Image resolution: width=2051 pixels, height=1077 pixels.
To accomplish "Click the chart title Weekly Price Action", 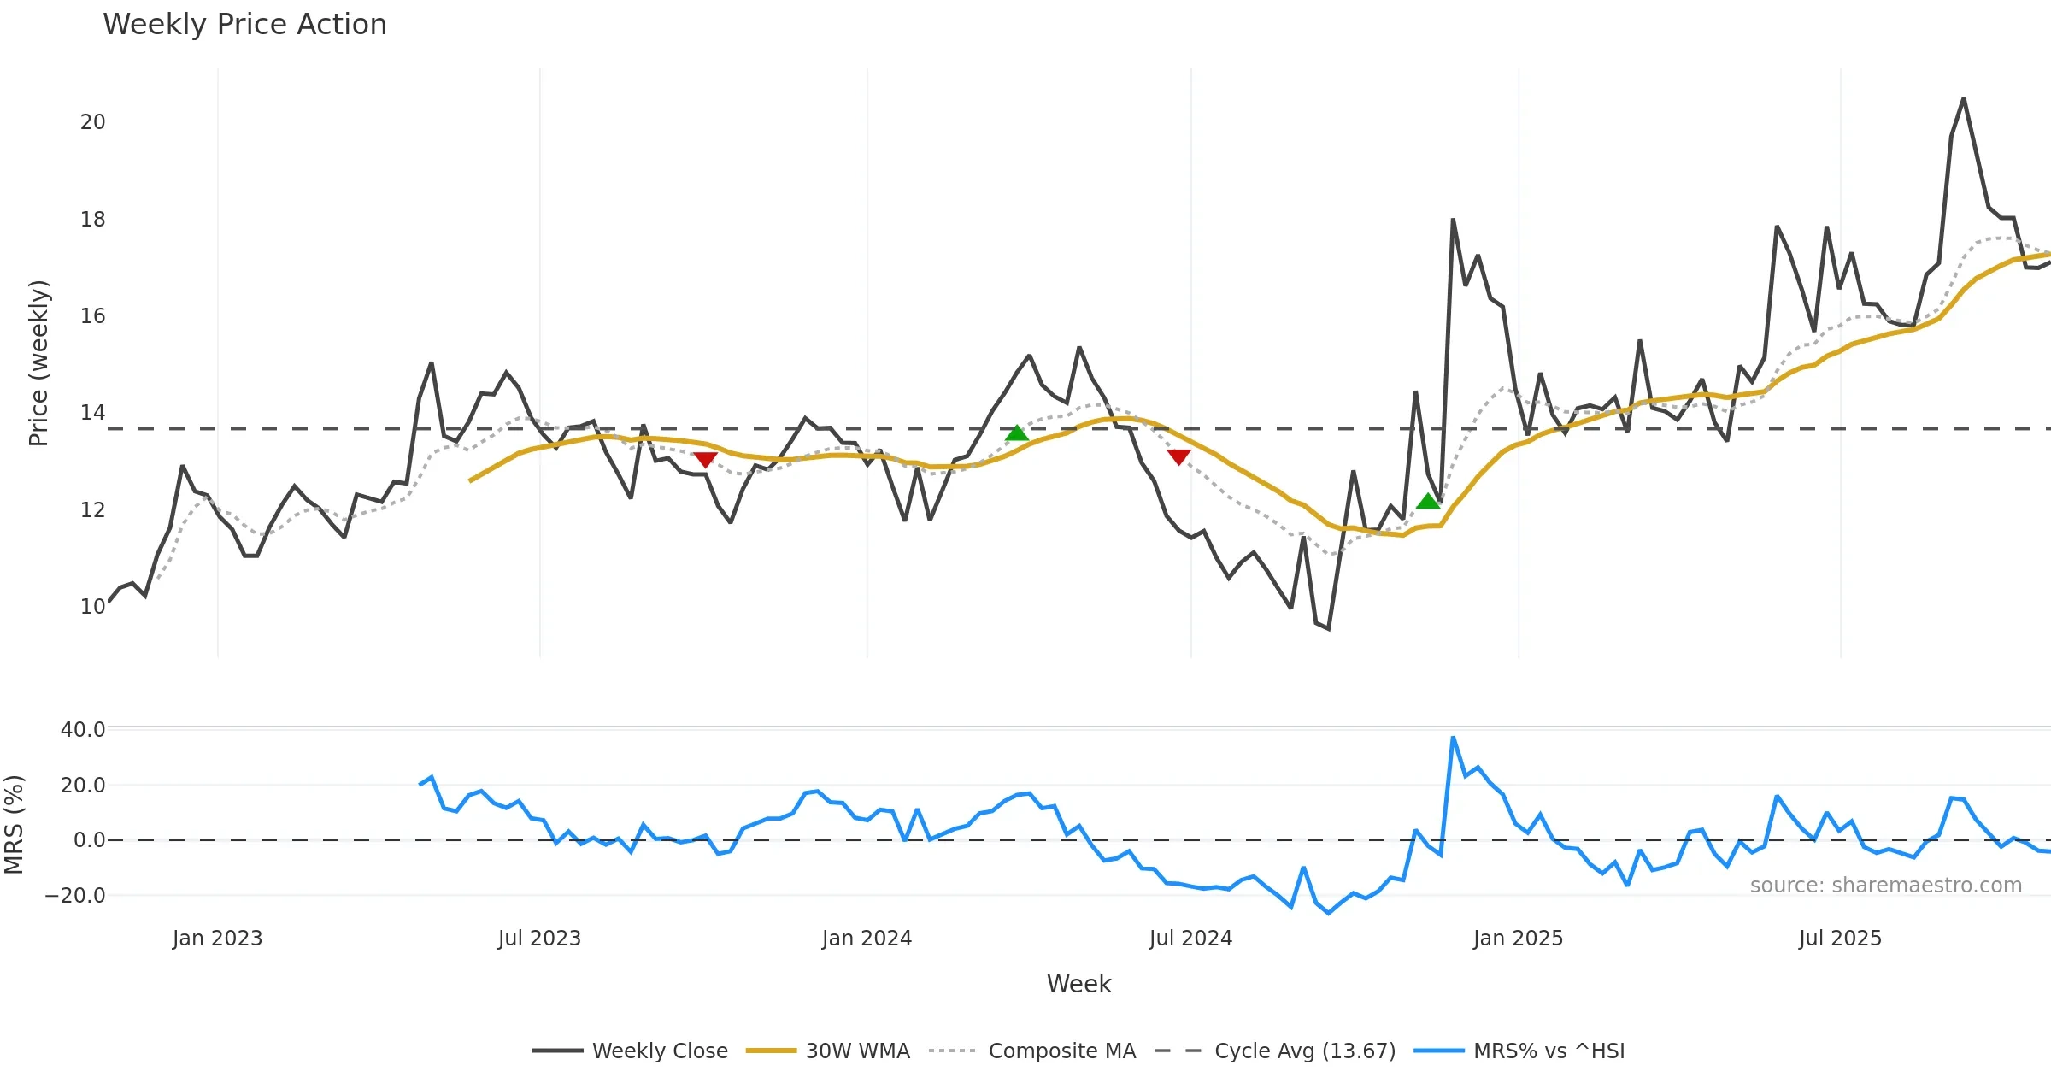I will (x=244, y=25).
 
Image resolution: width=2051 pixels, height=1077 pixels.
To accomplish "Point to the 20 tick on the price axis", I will (x=92, y=122).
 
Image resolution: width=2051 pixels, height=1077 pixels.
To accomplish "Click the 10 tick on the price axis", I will (x=92, y=607).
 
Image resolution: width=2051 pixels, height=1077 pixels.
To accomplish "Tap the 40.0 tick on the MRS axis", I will (x=83, y=730).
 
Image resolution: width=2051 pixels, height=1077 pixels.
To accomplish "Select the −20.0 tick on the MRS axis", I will (x=75, y=896).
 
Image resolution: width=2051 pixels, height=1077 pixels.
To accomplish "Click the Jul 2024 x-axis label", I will (x=1190, y=939).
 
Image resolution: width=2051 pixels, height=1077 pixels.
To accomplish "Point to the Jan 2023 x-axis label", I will (x=217, y=939).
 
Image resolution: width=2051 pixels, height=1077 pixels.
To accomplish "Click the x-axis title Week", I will (x=1078, y=985).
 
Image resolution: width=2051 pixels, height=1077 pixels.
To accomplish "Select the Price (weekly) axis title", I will (x=38, y=363).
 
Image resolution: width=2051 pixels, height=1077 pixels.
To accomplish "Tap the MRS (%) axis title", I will (x=14, y=825).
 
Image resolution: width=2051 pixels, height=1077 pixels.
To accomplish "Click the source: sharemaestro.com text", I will (x=1885, y=886).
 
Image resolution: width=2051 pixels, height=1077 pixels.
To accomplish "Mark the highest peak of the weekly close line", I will (x=1964, y=99).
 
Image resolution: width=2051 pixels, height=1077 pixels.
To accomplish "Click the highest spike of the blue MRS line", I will (x=1453, y=737).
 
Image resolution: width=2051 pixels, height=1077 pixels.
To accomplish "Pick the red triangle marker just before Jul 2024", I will (x=1178, y=457).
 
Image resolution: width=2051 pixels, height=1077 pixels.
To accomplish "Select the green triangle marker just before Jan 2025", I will (x=1428, y=501).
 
